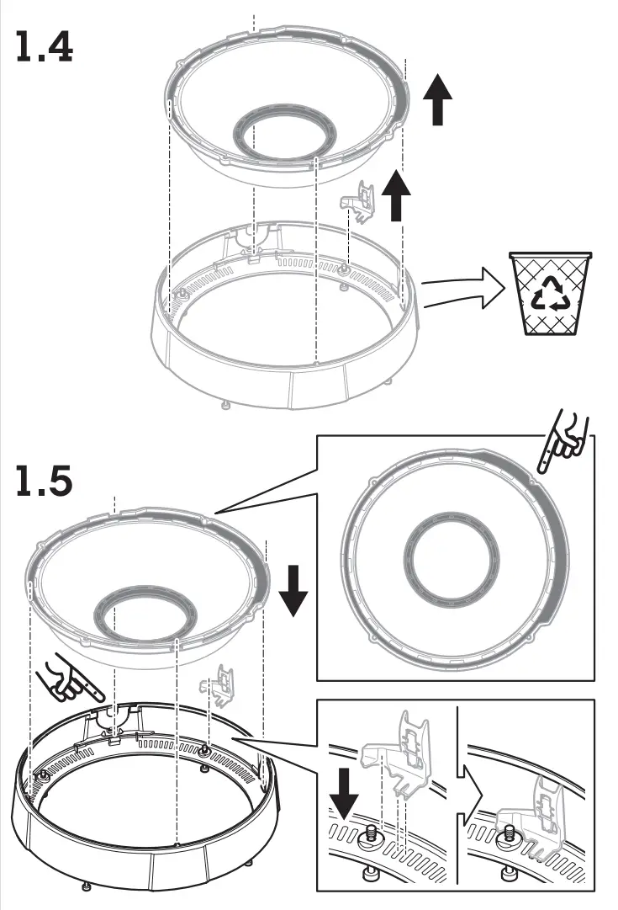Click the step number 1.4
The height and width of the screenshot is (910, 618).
click(45, 48)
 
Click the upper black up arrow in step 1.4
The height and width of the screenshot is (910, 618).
click(436, 99)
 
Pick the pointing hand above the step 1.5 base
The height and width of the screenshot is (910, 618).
click(71, 682)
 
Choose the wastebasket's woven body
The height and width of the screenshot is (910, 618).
click(551, 307)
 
